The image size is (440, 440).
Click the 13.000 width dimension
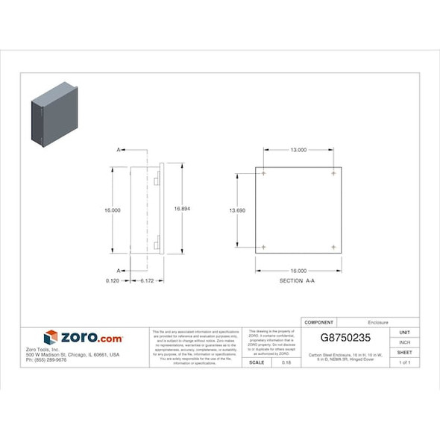tap(298, 150)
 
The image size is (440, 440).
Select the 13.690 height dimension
tap(237, 210)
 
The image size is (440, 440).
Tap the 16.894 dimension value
tap(182, 209)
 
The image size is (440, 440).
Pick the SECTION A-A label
tap(298, 280)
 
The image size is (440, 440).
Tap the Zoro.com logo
tap(84, 338)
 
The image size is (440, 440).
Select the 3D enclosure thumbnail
tap(54, 115)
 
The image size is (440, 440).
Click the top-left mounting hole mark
tap(263, 173)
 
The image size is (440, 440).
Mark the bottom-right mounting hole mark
tap(333, 247)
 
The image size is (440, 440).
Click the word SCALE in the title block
tap(256, 362)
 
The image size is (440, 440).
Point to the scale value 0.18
tap(287, 362)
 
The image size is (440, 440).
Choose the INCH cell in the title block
tap(405, 342)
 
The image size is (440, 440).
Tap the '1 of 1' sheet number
tap(405, 362)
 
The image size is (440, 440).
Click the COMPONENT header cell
tap(320, 323)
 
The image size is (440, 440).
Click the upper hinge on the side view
tap(157, 181)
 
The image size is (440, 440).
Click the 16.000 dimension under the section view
tap(298, 270)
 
